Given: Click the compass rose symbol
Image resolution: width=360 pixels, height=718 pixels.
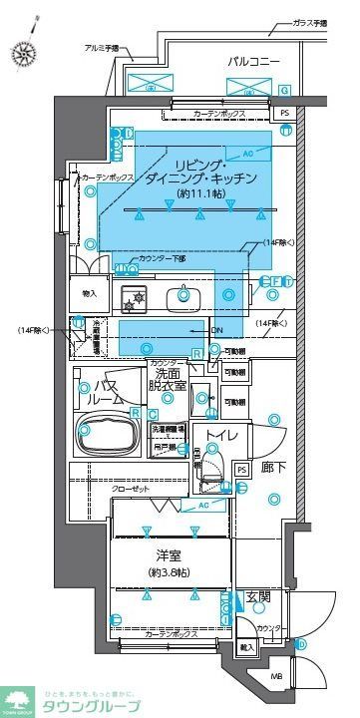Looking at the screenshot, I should click(22, 53).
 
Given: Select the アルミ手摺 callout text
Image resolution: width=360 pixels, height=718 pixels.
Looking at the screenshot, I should click(101, 48).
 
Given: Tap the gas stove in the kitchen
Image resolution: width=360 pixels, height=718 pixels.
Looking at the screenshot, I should click(133, 295).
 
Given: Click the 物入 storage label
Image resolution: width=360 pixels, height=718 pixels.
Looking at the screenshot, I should click(89, 293).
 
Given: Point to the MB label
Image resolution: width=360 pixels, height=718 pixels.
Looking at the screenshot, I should click(276, 681).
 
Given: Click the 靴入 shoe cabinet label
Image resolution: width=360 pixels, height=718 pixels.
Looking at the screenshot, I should click(246, 647).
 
